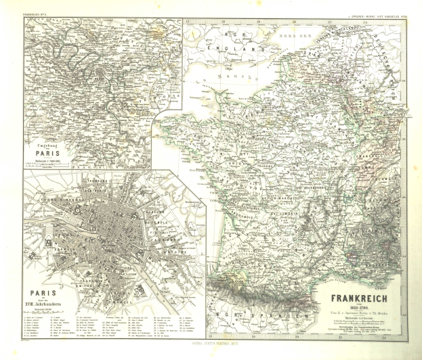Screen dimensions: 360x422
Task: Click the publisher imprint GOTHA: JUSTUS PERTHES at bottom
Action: [211, 351]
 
